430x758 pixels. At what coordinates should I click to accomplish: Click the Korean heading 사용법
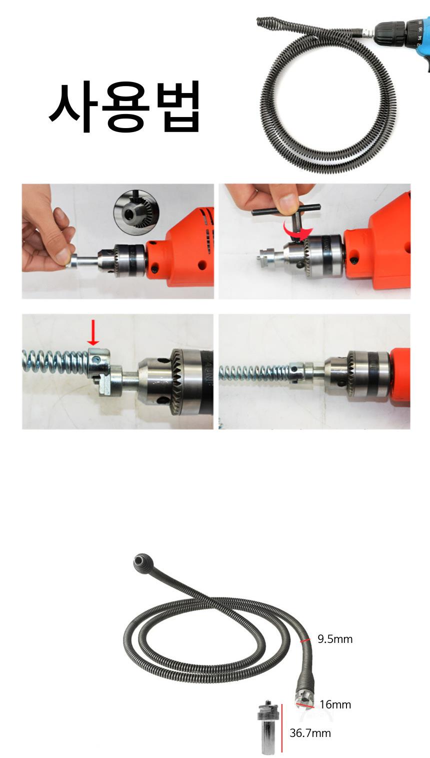pyautogui.click(x=124, y=107)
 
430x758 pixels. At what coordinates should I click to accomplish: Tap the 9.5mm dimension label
pyautogui.click(x=335, y=639)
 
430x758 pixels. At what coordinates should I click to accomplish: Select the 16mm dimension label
pyautogui.click(x=335, y=704)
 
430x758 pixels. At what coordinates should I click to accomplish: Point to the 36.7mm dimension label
pyautogui.click(x=310, y=733)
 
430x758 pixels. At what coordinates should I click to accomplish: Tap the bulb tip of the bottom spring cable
pyautogui.click(x=141, y=562)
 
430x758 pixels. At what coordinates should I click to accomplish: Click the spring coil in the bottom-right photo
pyautogui.click(x=254, y=372)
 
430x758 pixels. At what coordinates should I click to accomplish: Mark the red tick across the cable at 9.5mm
pyautogui.click(x=305, y=641)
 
